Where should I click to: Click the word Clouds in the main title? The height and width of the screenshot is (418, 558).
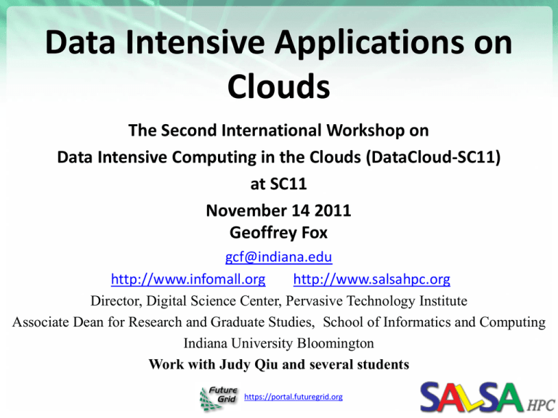point(279,86)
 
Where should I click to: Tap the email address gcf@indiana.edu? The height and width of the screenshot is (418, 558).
point(279,257)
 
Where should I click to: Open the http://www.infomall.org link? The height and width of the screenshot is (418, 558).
point(187,278)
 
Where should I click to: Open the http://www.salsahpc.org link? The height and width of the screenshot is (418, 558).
point(371,278)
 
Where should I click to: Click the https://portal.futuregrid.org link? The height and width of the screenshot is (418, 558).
point(294,396)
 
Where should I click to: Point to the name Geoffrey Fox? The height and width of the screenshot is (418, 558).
point(279,233)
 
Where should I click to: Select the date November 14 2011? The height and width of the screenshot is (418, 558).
point(279,212)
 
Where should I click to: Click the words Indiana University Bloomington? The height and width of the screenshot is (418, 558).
point(279,343)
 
